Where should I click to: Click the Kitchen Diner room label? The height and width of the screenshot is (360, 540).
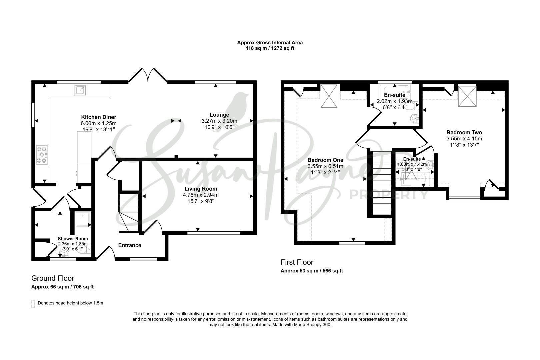[x=99, y=117]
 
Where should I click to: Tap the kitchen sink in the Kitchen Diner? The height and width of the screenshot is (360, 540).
[x=80, y=90]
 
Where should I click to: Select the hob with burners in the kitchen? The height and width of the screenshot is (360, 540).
[x=41, y=155]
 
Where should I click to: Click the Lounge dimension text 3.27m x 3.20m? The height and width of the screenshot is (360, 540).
[x=219, y=121]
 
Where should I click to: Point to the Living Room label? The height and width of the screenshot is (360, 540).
[x=201, y=189]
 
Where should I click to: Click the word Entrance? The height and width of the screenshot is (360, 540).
[x=130, y=245]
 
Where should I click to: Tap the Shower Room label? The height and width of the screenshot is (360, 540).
[x=73, y=239]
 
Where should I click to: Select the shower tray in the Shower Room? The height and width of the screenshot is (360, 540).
[x=83, y=219]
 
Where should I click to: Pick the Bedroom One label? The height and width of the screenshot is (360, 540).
[x=325, y=160]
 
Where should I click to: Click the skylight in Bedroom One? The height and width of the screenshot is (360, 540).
[x=329, y=96]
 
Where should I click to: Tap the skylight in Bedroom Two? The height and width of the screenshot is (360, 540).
[x=467, y=96]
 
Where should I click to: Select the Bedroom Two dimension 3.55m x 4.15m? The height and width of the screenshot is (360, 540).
[x=464, y=139]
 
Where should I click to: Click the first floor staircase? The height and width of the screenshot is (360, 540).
[x=382, y=183]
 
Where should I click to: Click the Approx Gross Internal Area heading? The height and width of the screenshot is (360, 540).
[x=270, y=43]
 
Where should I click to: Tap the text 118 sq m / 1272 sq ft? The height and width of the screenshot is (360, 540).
[x=270, y=48]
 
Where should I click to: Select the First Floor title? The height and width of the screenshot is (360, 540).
[x=297, y=262]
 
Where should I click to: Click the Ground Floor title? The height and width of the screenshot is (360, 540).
[x=53, y=278]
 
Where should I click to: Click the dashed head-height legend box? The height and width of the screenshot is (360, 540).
[x=33, y=304]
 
